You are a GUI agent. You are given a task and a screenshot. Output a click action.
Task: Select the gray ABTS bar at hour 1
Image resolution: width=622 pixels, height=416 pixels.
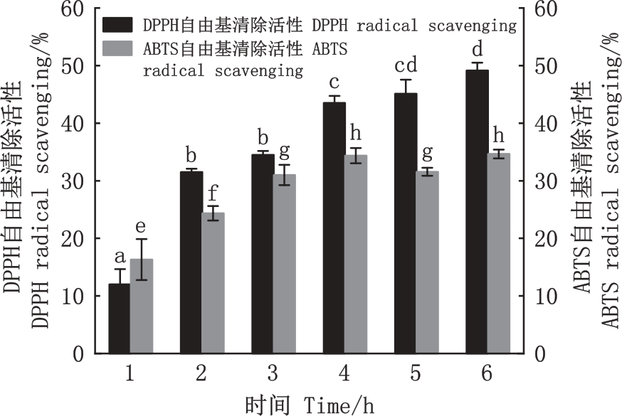pyautogui.click(x=141, y=306)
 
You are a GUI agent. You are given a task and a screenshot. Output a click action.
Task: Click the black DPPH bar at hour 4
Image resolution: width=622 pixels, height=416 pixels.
pyautogui.click(x=334, y=228)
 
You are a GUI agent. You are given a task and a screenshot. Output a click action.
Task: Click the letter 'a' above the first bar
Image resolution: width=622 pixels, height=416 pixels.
pyautogui.click(x=119, y=256)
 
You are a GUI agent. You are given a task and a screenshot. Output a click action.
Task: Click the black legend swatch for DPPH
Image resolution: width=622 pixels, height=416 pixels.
pyautogui.click(x=116, y=25)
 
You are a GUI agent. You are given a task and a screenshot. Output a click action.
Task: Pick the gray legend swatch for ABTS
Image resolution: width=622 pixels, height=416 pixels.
pyautogui.click(x=116, y=48)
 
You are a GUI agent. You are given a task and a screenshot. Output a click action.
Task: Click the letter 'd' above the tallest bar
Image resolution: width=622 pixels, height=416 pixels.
pyautogui.click(x=477, y=50)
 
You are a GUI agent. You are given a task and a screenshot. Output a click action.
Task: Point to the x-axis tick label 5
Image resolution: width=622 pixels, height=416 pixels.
pyautogui.click(x=416, y=373)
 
